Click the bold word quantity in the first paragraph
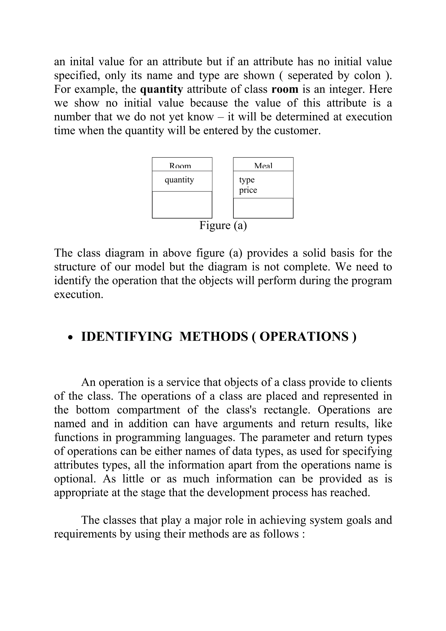[161, 89]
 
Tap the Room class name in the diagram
[180, 166]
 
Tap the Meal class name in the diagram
[263, 166]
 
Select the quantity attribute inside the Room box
[179, 180]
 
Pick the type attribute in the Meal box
[247, 180]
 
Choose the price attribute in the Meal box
[248, 190]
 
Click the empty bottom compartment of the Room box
[182, 205]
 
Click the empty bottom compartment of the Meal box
[263, 208]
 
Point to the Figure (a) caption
[223, 226]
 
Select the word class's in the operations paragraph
[241, 410]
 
